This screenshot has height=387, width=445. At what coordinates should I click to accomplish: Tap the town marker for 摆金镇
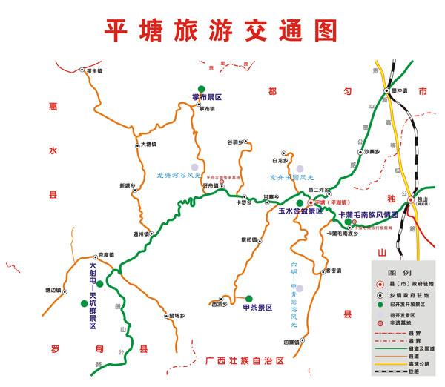tap(83, 70)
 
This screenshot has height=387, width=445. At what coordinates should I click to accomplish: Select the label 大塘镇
tap(148, 143)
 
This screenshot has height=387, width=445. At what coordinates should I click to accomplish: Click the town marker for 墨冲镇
tap(386, 91)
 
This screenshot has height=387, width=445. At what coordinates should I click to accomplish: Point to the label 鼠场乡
tap(176, 315)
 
